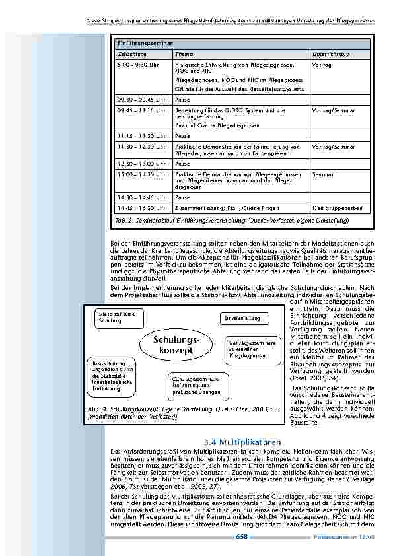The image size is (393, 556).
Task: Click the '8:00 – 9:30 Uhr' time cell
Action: coord(138,66)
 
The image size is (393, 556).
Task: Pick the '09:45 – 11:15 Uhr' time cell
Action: coord(141,110)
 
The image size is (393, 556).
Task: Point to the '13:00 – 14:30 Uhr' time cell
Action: coord(141,174)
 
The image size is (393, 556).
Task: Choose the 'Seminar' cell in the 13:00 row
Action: coord(322,174)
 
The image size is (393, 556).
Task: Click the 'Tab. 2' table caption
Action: coord(217,220)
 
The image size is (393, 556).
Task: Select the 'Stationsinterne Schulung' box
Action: coord(116,316)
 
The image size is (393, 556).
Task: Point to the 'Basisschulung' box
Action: coord(110,376)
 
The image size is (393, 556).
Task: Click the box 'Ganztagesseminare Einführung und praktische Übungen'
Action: coord(196,385)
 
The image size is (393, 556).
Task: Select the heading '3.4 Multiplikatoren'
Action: coord(244,442)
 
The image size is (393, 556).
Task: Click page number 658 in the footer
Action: coord(241,537)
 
